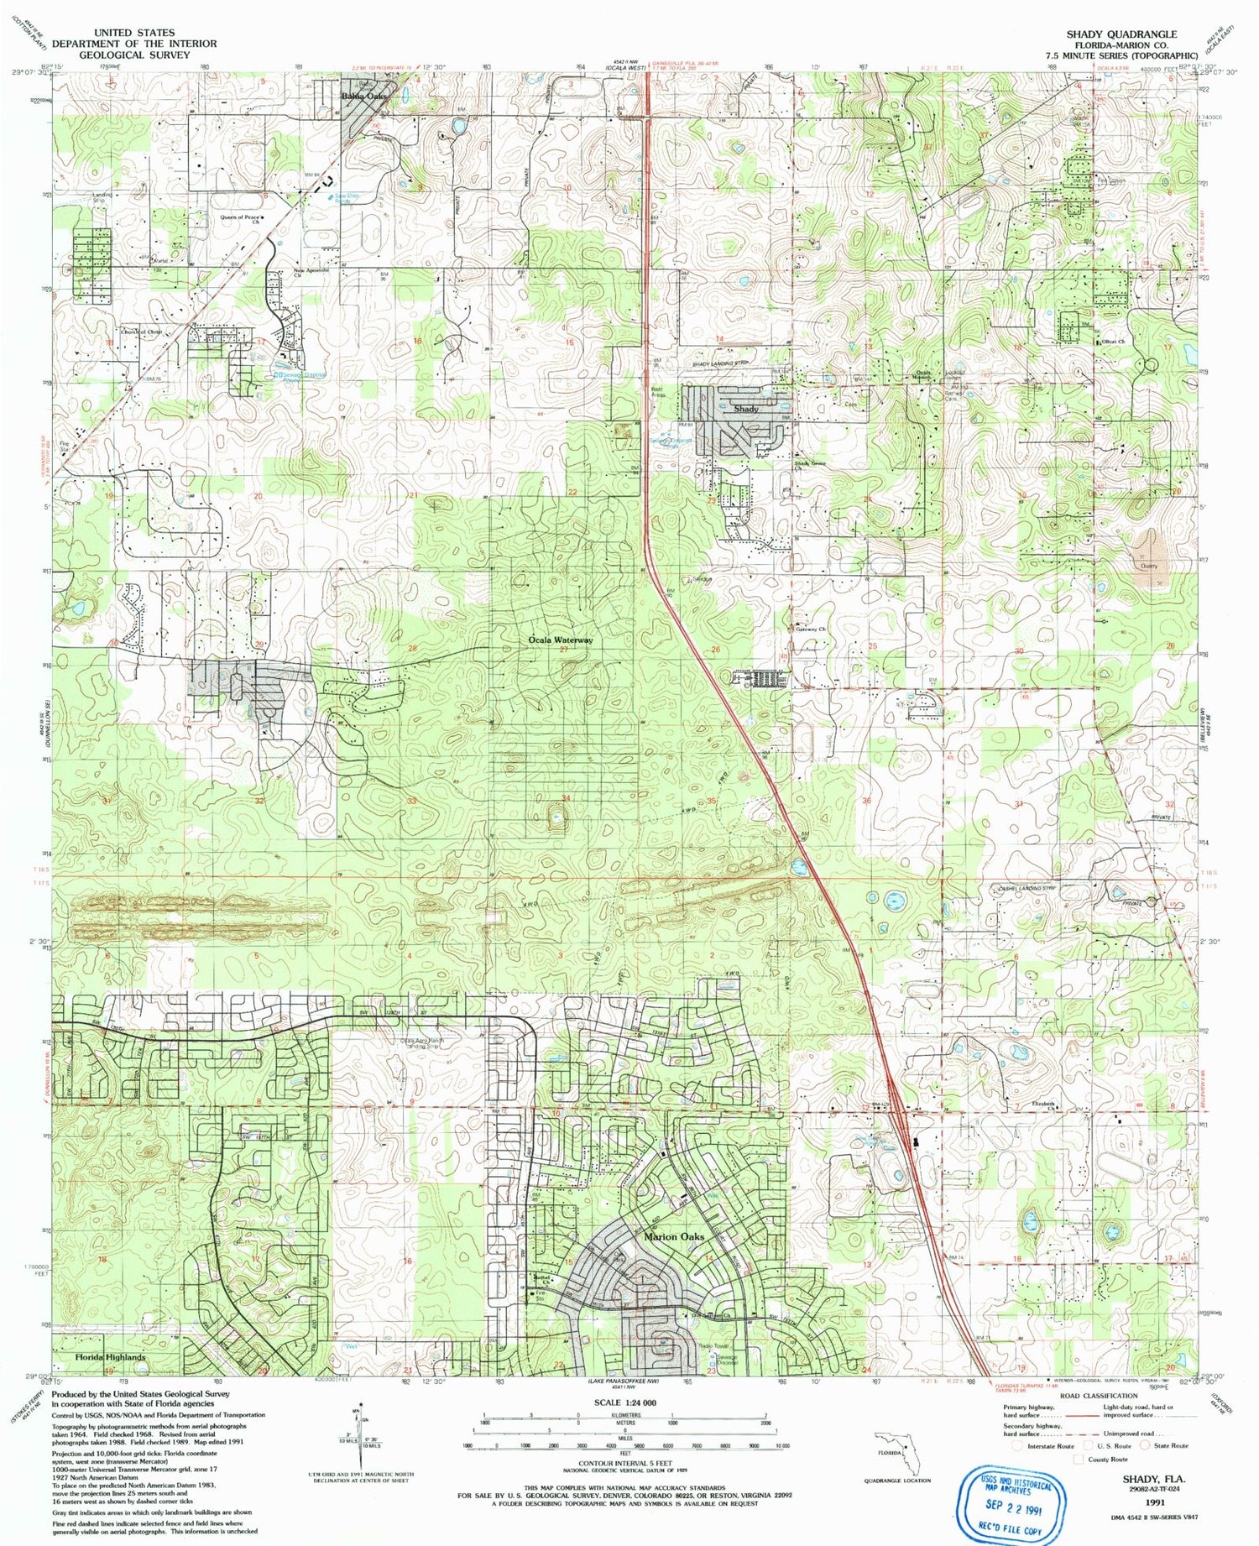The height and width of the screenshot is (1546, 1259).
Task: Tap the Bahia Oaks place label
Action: pos(365,97)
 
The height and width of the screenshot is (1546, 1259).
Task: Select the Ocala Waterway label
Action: pos(561,640)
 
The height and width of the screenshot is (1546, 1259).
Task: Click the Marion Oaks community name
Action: pos(674,1236)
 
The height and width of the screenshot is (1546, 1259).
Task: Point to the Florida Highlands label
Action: pos(110,1357)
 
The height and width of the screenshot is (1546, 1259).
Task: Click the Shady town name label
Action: pos(746,409)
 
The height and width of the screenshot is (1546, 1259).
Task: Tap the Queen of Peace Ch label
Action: pos(240,218)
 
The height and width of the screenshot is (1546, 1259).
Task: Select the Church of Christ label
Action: pos(141,332)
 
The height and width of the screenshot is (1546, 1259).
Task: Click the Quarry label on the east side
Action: pos(1148,566)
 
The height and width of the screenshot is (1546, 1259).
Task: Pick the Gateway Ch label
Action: pos(811,629)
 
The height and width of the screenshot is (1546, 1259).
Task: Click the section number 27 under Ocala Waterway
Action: pos(564,650)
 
